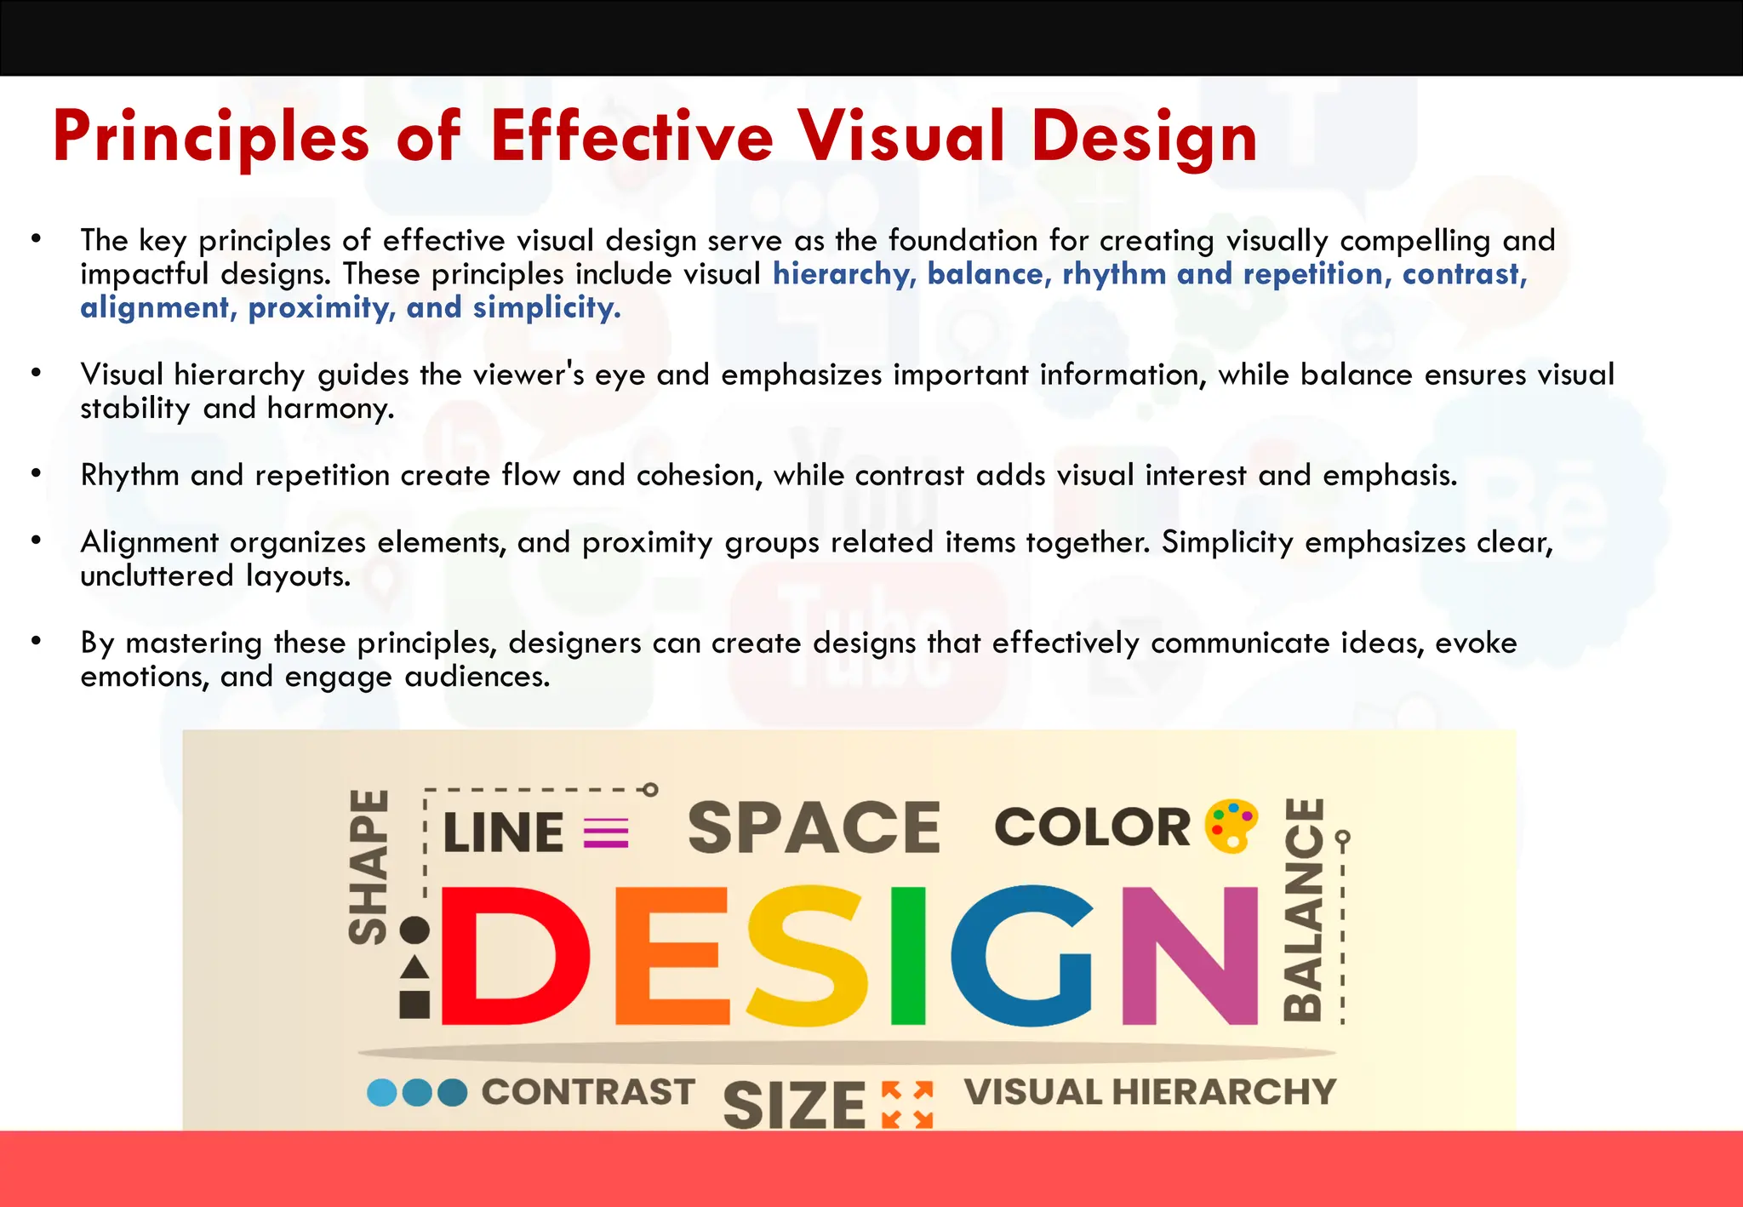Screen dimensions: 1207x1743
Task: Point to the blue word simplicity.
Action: click(546, 308)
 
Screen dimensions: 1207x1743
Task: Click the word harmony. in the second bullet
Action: click(330, 409)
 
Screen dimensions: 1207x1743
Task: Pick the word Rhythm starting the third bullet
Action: click(129, 475)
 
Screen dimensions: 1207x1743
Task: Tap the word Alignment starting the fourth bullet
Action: click(149, 542)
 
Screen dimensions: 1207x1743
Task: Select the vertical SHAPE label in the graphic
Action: click(369, 867)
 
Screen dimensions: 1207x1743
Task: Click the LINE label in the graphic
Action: click(503, 832)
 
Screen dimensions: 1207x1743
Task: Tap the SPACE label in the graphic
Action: click(814, 827)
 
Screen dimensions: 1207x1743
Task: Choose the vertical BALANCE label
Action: click(1303, 909)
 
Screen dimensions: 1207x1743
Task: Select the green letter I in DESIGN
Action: click(907, 955)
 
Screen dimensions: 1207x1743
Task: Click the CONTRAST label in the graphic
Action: click(588, 1092)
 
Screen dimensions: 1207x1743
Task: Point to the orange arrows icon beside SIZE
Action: click(907, 1104)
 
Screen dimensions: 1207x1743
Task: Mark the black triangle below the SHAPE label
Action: click(414, 968)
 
